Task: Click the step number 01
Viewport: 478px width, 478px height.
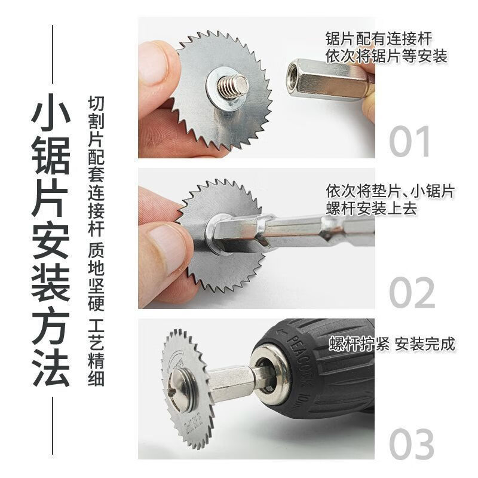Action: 409,142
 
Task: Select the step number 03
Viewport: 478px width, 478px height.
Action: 412,443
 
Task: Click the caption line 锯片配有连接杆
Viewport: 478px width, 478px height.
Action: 378,39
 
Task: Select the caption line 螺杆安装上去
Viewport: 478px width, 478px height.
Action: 371,208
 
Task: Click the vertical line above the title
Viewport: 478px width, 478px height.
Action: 53,54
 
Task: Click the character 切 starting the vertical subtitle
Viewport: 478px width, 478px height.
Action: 96,103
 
